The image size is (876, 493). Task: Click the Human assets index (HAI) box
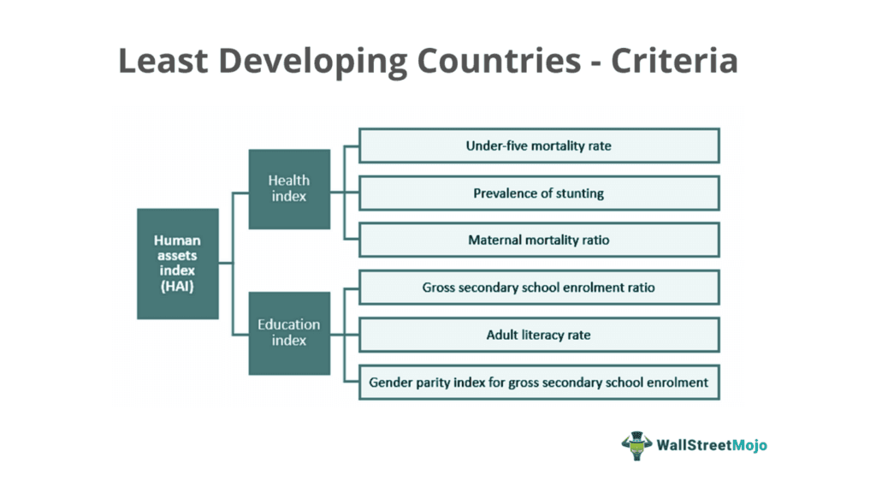(x=178, y=264)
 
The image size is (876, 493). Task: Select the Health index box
(x=289, y=188)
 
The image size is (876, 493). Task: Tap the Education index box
(x=289, y=332)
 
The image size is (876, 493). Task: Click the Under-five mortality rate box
(x=539, y=146)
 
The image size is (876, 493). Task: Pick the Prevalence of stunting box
(x=539, y=193)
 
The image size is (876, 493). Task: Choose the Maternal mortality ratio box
(x=539, y=241)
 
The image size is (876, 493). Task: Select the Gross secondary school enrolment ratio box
(x=539, y=288)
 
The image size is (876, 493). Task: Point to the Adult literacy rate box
(x=539, y=335)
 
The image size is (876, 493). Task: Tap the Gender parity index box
(x=539, y=383)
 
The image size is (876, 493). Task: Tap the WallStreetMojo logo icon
(x=636, y=446)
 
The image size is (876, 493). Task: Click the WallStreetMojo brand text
(x=713, y=446)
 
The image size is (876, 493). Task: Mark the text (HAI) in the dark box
(x=178, y=287)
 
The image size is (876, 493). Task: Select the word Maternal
(x=496, y=241)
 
